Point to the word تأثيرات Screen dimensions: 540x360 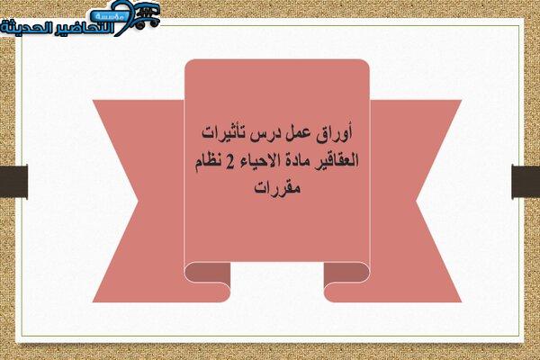click(223, 133)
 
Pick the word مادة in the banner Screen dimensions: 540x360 click(299, 161)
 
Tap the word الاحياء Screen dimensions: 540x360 click(258, 161)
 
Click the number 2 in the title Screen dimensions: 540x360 click(229, 162)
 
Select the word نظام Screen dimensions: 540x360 click(208, 161)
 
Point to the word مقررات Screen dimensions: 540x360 click(277, 188)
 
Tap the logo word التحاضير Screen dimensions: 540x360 click(82, 28)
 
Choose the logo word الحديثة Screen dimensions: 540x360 click(25, 27)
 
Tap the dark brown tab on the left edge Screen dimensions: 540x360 click(13, 182)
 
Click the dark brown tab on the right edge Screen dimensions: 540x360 click(526, 182)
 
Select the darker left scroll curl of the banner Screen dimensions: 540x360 click(208, 273)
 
